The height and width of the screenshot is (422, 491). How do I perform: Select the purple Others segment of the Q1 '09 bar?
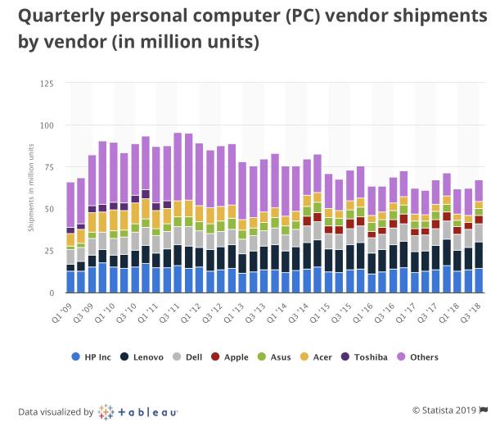(70, 205)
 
